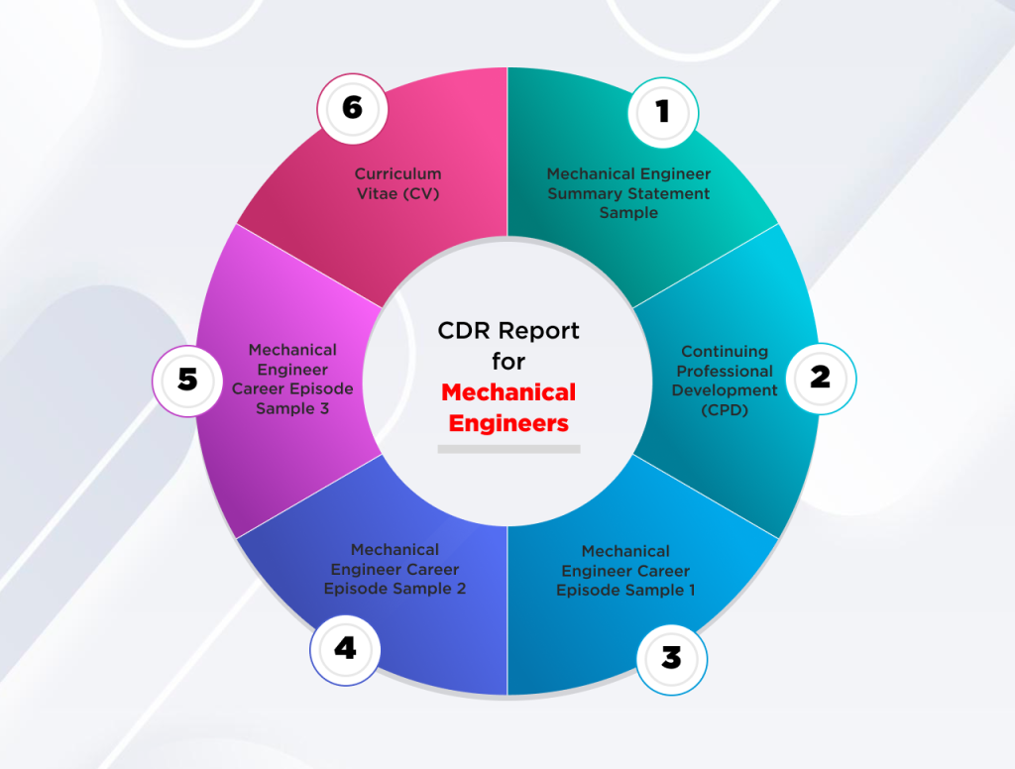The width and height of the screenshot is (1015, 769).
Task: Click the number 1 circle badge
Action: coord(663,113)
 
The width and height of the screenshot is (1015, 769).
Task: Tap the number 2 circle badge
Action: coord(821,379)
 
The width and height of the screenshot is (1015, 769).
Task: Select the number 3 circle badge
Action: coord(672,660)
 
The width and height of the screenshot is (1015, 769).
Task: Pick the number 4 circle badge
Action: coord(345,650)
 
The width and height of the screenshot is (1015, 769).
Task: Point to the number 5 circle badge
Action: coord(187,381)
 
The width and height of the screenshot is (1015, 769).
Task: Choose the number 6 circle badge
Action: coord(352,109)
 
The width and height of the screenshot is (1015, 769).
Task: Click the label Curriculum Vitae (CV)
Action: coord(398,184)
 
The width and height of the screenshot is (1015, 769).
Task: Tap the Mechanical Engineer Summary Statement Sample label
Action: coord(628,193)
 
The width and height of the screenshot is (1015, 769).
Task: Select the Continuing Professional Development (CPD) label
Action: coord(725,381)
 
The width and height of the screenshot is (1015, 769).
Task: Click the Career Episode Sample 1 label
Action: coord(625,571)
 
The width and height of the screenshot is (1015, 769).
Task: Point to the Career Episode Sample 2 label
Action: coord(395,569)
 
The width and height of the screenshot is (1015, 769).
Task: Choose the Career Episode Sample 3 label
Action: coord(292,380)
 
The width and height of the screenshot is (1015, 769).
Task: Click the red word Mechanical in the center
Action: coord(508,392)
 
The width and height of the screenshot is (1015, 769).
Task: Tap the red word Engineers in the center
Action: coord(508,423)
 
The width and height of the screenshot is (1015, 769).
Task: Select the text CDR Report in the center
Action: coord(508,331)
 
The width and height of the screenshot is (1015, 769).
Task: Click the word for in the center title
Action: coord(508,361)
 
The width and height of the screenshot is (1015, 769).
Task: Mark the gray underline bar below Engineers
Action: coord(508,449)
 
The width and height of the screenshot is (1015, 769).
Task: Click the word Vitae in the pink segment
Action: coord(378,193)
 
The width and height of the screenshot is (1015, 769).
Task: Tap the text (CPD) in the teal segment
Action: coord(725,410)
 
